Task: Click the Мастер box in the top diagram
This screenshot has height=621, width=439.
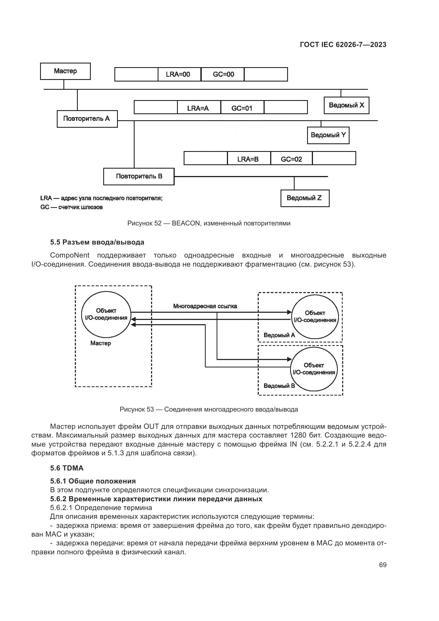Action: tap(65, 71)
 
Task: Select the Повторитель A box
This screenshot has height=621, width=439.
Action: tap(87, 119)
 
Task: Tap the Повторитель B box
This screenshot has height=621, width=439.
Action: tap(139, 176)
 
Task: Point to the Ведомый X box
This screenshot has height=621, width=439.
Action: tap(346, 105)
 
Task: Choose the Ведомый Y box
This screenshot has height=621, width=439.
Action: tap(328, 135)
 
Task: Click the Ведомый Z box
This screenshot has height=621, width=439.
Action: tap(305, 198)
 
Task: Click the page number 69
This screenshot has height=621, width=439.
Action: tap(382, 565)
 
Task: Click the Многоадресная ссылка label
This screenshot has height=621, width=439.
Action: tap(205, 306)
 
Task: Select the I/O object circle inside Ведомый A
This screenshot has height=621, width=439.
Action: tap(315, 317)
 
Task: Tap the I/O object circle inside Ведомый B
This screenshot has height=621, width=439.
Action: tap(314, 369)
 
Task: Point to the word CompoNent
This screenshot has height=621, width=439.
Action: tap(70, 255)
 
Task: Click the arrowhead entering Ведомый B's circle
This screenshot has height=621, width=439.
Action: tap(289, 359)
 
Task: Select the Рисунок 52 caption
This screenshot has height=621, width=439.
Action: tap(209, 223)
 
